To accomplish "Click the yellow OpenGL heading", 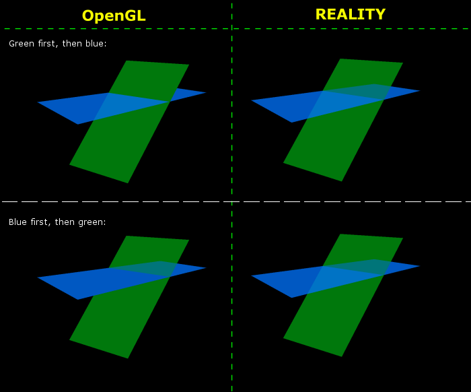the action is [x=114, y=15].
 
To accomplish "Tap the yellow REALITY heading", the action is [x=351, y=14].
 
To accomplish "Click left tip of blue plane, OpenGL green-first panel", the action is [x=37, y=102].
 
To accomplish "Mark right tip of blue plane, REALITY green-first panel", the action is [x=420, y=90].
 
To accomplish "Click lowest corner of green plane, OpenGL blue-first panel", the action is [x=128, y=358].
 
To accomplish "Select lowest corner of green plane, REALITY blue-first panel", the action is [x=342, y=356].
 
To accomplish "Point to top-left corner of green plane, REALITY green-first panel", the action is [x=340, y=59].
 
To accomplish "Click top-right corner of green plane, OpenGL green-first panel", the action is [x=189, y=65].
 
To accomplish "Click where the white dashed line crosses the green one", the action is [x=232, y=201].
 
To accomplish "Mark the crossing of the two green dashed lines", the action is [x=232, y=29].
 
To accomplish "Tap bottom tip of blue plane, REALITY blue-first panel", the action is [x=291, y=298].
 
